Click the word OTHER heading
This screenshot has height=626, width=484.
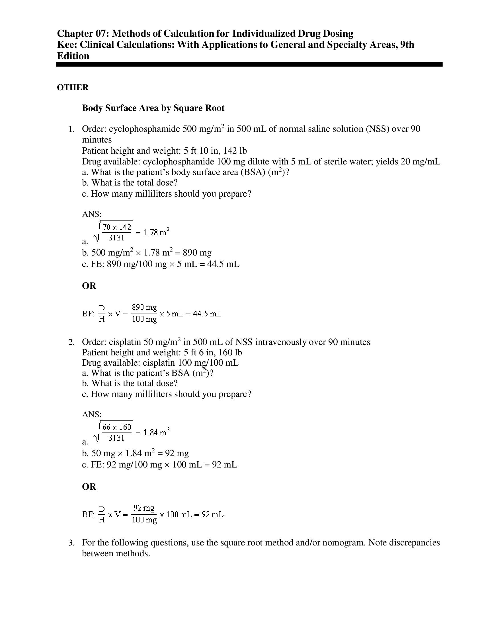pos(73,87)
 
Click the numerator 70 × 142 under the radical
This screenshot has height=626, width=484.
pos(117,227)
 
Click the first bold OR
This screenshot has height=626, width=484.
pos(89,286)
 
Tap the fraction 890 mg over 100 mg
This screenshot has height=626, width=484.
pos(144,313)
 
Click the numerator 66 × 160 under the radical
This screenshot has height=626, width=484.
pos(117,427)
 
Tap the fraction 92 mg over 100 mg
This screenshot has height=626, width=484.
pos(144,514)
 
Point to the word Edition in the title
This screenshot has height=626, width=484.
pos(73,56)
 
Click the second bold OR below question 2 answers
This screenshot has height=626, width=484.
pos(89,487)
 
